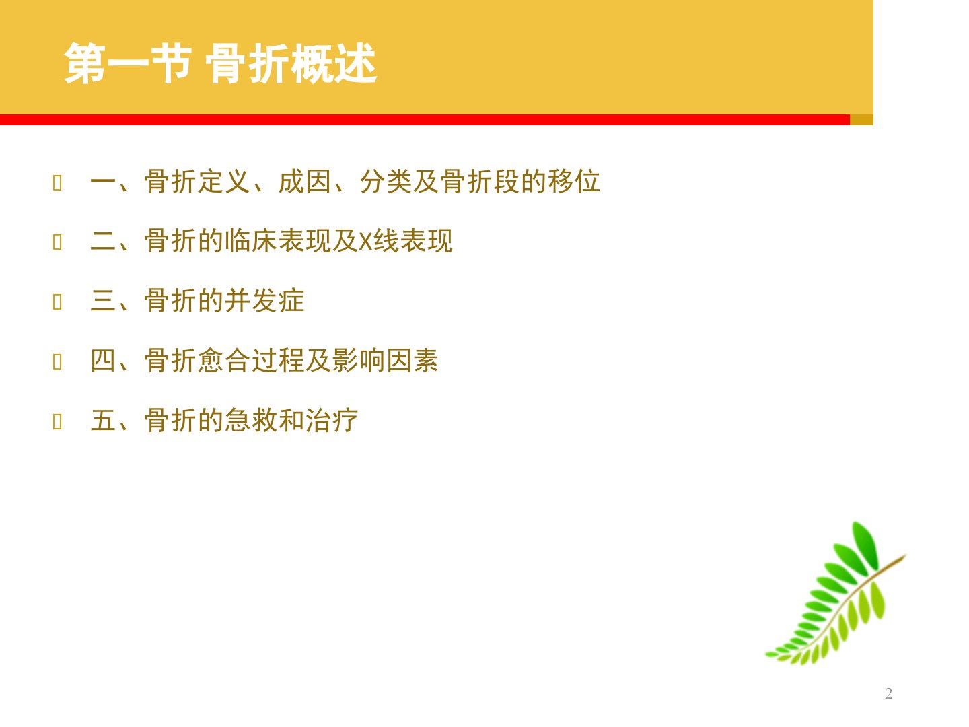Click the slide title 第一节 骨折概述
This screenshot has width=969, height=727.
coord(220,63)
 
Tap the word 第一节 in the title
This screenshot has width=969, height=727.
coord(128,63)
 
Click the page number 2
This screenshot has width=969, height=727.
coord(889,693)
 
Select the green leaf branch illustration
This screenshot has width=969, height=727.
coord(835,593)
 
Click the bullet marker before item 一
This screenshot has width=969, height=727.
coord(57,182)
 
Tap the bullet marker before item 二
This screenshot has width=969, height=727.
coord(57,242)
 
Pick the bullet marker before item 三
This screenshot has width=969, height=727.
coord(57,302)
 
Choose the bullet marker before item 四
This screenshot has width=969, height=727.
coord(57,361)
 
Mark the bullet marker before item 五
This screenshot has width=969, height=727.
coord(57,421)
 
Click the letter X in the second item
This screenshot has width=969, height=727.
coord(366,242)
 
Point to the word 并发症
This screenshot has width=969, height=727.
coord(264,301)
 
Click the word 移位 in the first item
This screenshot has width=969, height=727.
coord(573,182)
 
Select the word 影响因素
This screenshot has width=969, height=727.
coord(385,361)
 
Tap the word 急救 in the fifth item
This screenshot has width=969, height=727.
coord(251,420)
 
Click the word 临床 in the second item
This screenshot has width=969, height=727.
coord(251,241)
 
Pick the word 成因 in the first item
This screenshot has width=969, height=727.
coord(305,182)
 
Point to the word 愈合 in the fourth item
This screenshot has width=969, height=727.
coord(224,361)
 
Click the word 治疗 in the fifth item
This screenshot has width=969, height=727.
coord(331,420)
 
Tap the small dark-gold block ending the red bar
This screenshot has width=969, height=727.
coord(861,120)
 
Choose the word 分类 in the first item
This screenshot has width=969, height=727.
coord(386,182)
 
